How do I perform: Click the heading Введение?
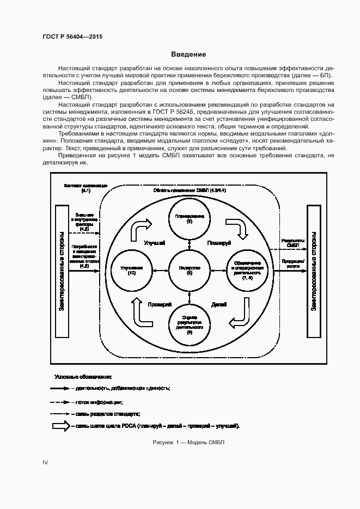pos(188,54)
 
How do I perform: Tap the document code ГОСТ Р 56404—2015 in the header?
pos(72,36)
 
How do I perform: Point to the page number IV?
pos(46,462)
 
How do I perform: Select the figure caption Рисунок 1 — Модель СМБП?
pos(189,442)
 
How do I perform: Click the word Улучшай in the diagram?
pos(154,243)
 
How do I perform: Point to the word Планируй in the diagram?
pos(220,243)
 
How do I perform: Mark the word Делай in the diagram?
pos(219,304)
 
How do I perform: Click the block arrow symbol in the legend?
pos(60,426)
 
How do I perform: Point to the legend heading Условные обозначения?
pos(83,377)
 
